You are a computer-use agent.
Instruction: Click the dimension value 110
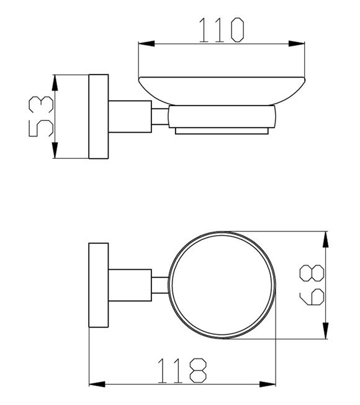220,30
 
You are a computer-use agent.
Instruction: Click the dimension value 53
41,117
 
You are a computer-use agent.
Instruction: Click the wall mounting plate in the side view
99,117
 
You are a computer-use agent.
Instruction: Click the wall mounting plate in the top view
99,285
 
